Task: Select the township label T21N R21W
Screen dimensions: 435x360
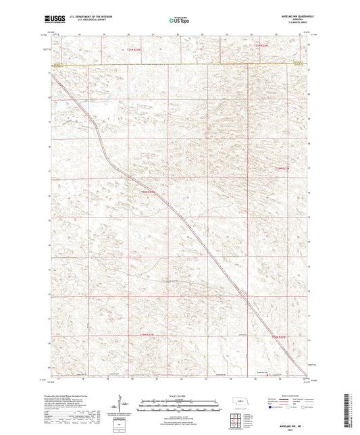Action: tap(261, 45)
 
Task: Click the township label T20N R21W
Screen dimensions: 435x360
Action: tap(282, 168)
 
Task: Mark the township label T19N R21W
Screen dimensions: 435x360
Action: tap(278, 337)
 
